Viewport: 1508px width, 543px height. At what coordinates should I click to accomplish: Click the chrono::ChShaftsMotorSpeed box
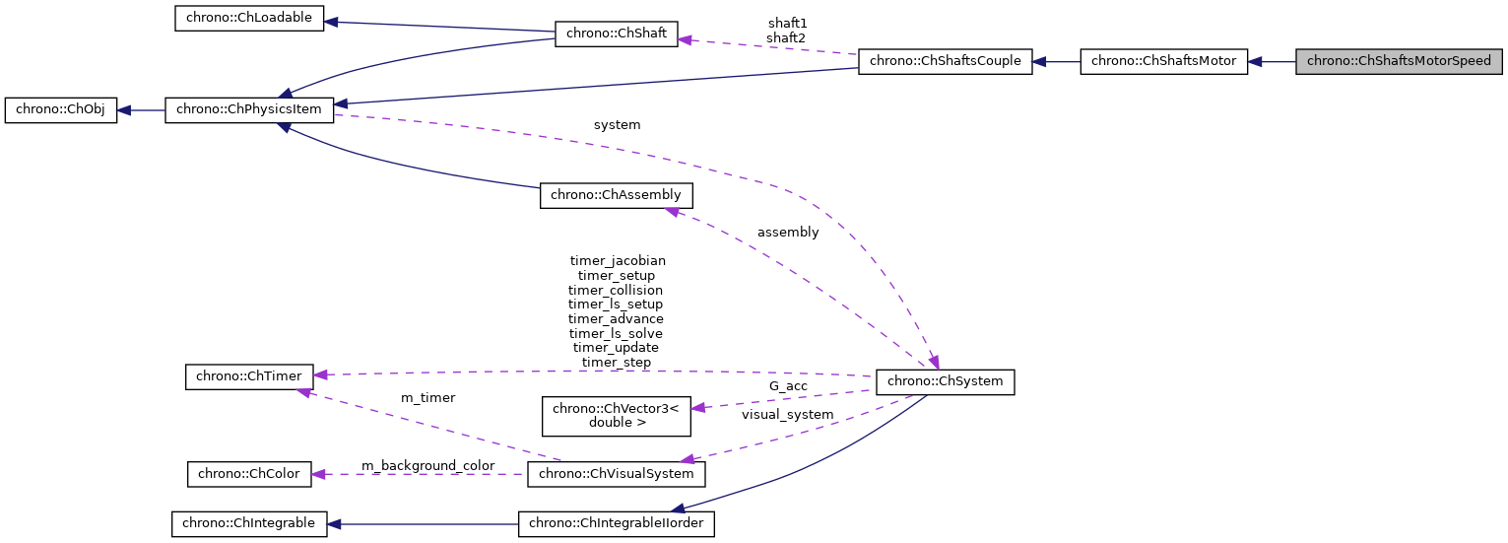click(1399, 61)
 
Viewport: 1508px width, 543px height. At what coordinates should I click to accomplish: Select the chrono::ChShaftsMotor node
click(1163, 61)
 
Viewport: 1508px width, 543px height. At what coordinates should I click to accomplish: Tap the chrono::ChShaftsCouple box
click(945, 61)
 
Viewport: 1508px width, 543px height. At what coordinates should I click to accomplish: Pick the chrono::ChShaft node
click(617, 34)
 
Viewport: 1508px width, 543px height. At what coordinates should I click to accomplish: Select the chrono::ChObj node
click(61, 110)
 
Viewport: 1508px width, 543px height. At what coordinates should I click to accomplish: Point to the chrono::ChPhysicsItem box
click(249, 110)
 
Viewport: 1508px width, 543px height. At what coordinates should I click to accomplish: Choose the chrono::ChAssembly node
click(616, 195)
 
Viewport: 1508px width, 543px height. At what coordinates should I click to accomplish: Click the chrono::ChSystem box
click(945, 381)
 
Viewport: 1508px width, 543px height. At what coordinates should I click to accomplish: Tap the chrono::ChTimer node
click(249, 376)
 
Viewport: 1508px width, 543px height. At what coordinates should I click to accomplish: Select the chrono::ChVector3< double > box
click(616, 415)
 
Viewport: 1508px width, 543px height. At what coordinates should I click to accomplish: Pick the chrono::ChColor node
click(249, 474)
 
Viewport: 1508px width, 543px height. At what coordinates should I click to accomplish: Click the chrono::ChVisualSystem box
click(617, 474)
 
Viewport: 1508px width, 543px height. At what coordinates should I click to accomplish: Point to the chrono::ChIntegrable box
click(248, 523)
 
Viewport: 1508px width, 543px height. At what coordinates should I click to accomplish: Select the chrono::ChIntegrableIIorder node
click(617, 523)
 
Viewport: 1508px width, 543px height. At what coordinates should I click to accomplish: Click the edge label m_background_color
click(427, 465)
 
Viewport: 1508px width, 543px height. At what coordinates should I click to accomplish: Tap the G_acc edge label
click(789, 386)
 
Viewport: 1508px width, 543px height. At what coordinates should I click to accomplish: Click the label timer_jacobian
click(618, 260)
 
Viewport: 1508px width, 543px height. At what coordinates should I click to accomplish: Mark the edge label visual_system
click(787, 415)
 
